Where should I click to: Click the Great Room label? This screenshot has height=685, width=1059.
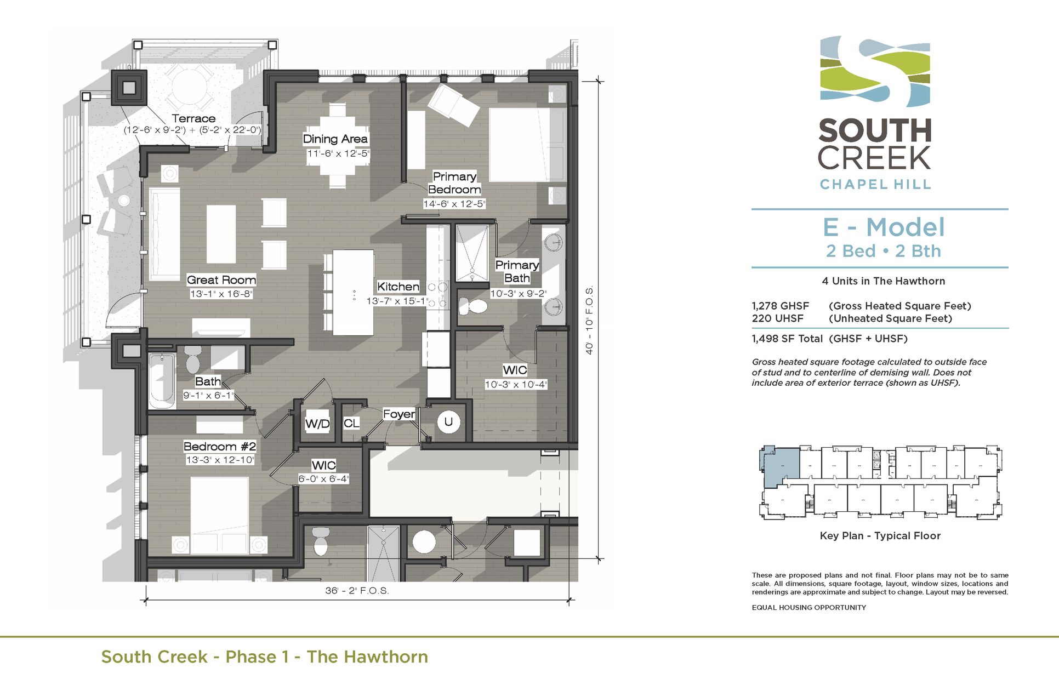(221, 280)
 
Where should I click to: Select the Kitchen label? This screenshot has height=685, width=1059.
(398, 287)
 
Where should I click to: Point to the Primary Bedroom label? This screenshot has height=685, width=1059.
(454, 183)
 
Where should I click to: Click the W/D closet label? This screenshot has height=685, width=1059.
(317, 424)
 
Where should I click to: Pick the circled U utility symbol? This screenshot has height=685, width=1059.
(448, 422)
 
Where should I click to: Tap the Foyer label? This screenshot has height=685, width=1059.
(398, 414)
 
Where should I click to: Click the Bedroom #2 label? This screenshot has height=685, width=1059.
(219, 447)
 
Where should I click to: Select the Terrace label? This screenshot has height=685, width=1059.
(193, 118)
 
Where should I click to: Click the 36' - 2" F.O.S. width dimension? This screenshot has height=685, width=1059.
(357, 591)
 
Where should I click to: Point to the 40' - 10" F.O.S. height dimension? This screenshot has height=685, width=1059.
(590, 320)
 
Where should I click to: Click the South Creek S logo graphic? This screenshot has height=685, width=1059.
(875, 71)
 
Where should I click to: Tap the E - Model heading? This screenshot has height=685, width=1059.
(884, 227)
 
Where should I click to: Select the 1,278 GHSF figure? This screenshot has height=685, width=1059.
(780, 306)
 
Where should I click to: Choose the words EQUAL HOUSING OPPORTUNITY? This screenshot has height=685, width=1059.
(809, 607)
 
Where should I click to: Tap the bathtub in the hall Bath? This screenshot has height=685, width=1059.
(162, 380)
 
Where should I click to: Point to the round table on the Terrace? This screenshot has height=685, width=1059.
(189, 87)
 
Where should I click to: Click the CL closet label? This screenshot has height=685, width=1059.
(351, 423)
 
